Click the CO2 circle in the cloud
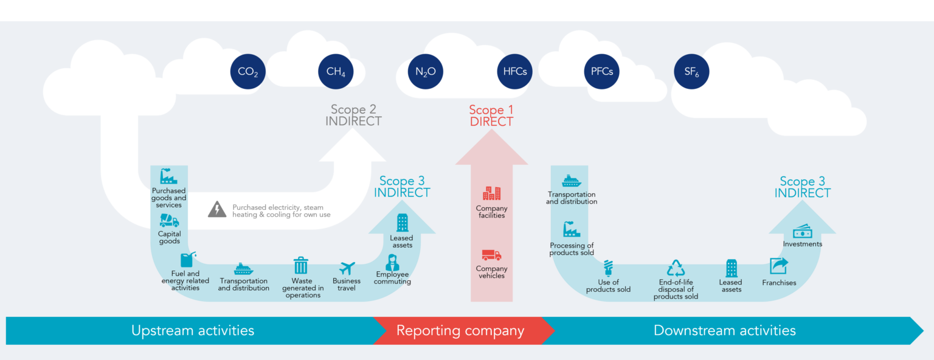(248, 72)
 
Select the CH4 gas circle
(336, 72)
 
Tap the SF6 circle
(692, 72)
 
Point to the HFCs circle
(515, 72)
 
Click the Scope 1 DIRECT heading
(491, 116)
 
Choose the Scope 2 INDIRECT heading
(353, 116)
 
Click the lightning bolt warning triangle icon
(217, 209)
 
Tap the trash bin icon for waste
(301, 266)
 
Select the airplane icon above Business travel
(347, 268)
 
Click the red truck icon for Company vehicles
(491, 255)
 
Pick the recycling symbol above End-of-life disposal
(676, 268)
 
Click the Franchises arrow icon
(778, 266)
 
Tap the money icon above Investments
(802, 232)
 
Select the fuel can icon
(187, 260)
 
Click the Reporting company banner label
(460, 331)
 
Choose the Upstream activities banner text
(193, 331)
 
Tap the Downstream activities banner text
(724, 331)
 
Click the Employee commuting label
(392, 278)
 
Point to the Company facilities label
(491, 212)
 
